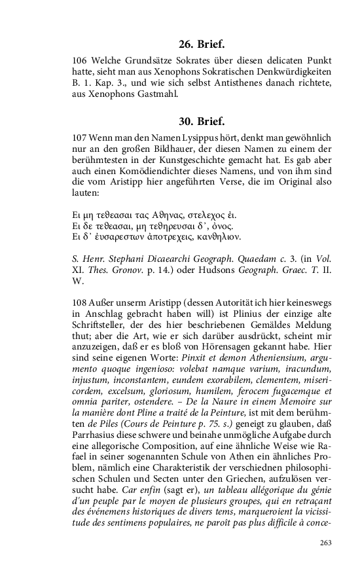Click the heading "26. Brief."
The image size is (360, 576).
point(202,45)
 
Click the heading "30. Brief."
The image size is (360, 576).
point(202,121)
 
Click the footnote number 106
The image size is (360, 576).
point(79,59)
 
